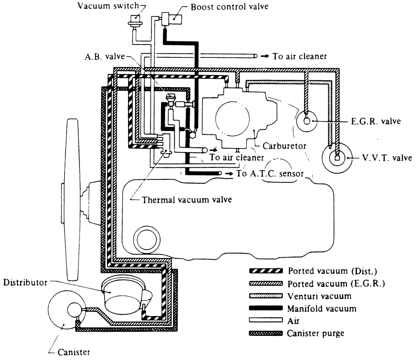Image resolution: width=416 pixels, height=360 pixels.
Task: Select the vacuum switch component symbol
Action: point(134,20)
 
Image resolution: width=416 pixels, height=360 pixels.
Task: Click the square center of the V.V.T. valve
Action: point(337,158)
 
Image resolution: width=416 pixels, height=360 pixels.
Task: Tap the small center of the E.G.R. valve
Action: point(307,121)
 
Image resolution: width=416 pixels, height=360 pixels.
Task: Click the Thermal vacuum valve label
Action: point(187,199)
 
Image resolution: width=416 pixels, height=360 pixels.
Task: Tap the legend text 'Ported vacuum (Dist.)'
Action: point(332,271)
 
